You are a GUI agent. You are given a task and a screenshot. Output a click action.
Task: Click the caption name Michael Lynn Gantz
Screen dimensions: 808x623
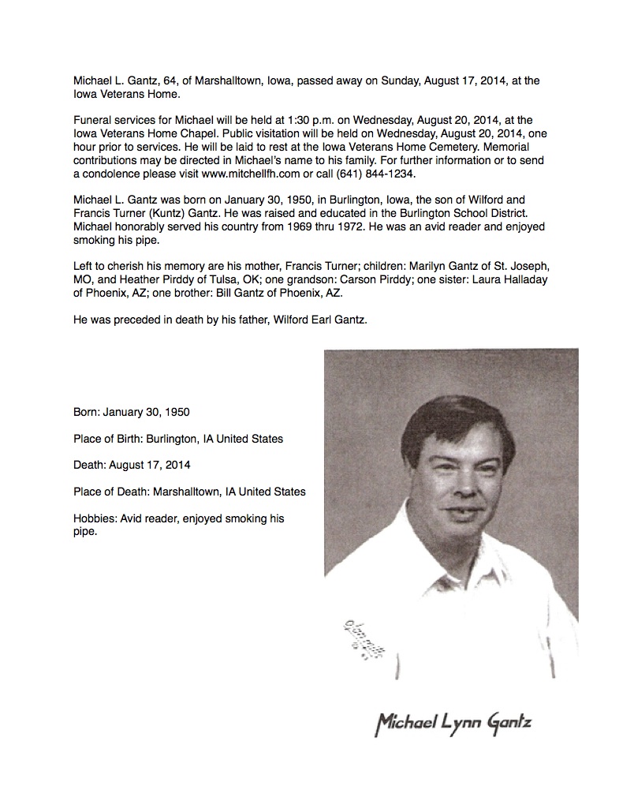447,723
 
